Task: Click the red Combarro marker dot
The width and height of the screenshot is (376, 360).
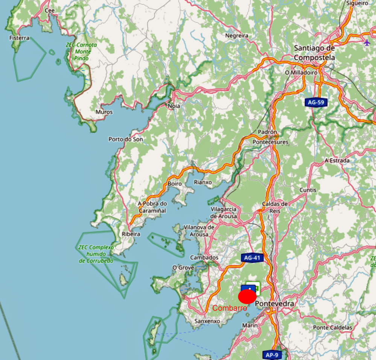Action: pos(247,296)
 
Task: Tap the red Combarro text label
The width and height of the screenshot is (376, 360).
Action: pos(230,308)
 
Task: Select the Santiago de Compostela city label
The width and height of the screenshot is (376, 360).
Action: pos(314,53)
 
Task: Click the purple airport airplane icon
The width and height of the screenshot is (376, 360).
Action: pos(367,42)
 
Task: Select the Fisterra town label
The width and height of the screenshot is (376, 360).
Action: pos(19,38)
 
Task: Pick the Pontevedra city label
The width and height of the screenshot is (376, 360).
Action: pos(274,304)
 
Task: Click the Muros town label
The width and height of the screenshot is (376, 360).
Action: pos(104,112)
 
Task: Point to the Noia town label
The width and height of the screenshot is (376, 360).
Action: pos(174,106)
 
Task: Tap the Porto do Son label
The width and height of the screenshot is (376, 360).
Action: pos(126,139)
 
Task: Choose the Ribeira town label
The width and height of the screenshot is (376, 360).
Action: pos(131,234)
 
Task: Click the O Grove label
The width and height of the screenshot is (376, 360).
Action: pos(183,267)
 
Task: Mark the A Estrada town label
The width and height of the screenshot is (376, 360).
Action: pos(337,160)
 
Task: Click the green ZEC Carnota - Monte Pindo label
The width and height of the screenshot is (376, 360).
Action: pos(81,52)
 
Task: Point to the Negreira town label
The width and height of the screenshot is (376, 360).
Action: pos(237,35)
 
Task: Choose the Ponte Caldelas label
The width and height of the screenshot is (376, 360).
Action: pos(333,327)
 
